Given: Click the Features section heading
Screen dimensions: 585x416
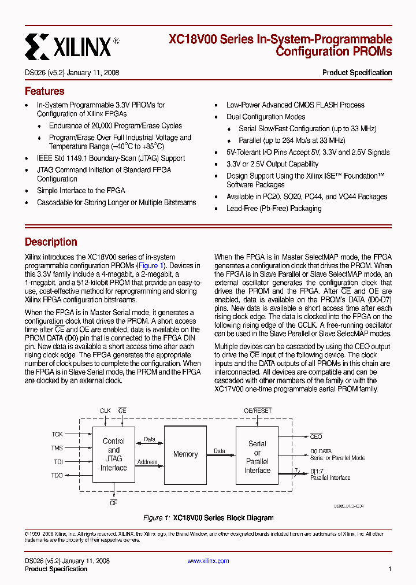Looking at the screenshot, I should point(44,91).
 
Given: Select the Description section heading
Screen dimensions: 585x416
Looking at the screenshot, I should point(51,242).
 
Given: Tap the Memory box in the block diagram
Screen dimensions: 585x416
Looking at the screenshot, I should point(185,454).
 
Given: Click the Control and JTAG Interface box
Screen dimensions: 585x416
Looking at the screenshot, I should point(114,454).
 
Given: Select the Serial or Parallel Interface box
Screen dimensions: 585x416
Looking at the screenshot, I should point(257,457).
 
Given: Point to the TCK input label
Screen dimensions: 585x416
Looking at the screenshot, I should point(57,434).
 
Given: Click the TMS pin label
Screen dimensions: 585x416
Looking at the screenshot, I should point(57,448).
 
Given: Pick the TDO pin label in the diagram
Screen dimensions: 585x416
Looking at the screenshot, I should point(57,476).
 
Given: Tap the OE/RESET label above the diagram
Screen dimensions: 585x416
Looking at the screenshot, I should point(258,411).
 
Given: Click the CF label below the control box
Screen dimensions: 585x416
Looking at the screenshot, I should point(114,503).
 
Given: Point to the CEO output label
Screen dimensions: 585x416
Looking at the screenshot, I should point(316,437).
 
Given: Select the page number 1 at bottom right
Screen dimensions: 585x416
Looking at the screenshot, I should point(390,569).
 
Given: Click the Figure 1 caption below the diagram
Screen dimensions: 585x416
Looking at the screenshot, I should point(208,518).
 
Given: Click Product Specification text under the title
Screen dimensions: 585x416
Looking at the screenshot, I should point(356,73).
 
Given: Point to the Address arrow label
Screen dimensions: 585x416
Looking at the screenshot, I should point(148,462).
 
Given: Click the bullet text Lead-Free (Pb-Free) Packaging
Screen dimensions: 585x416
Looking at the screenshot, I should point(273,208).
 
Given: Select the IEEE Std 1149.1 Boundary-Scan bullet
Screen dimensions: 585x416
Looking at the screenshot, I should point(111,158).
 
